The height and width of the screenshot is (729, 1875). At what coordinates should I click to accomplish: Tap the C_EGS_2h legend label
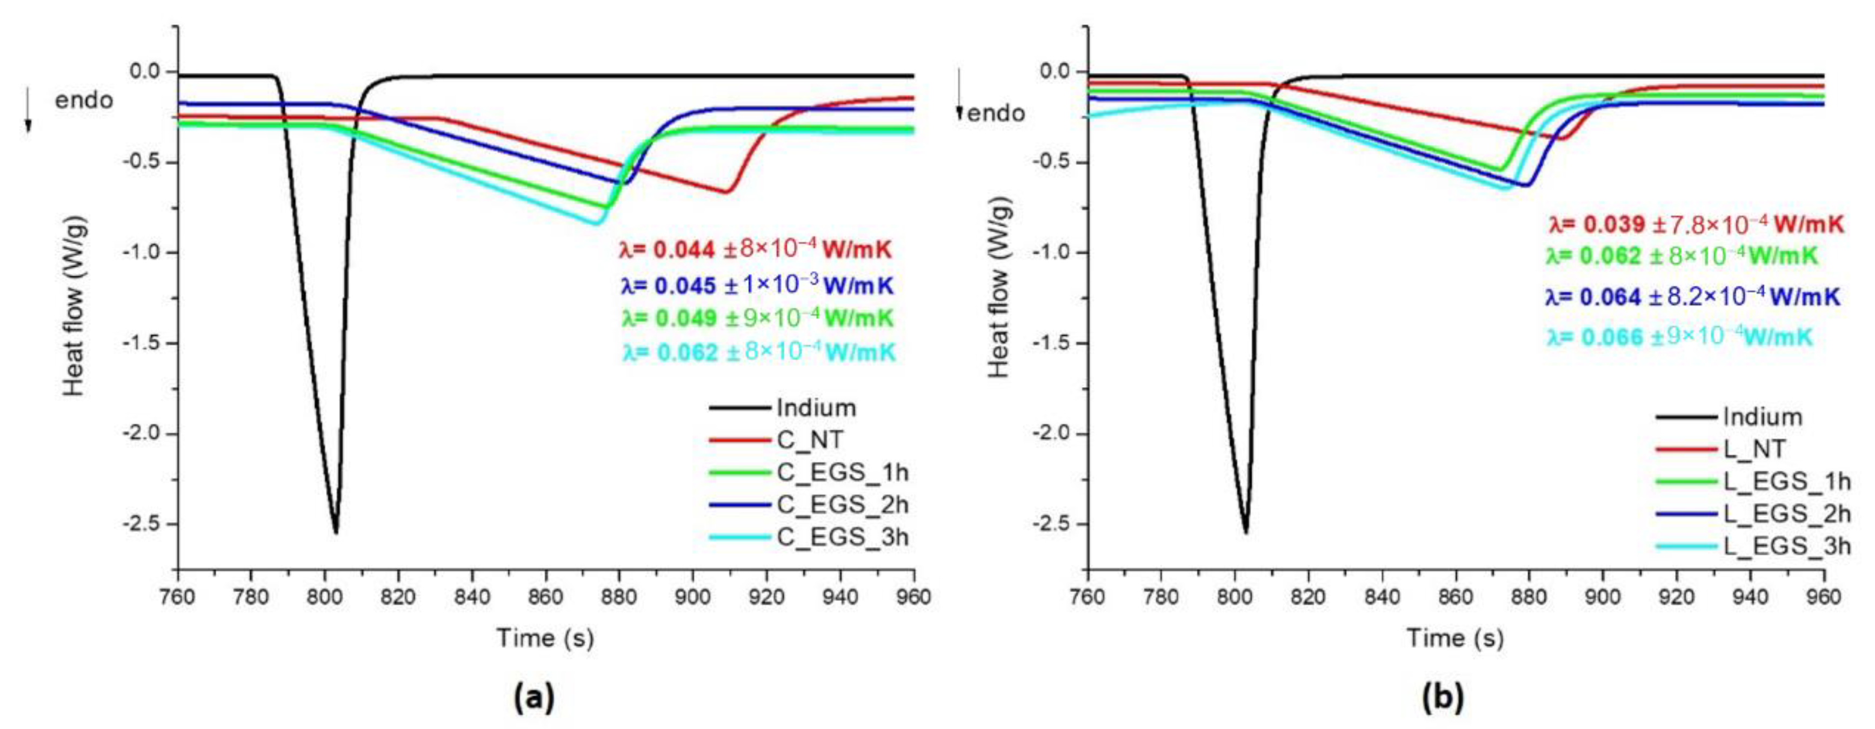tap(842, 504)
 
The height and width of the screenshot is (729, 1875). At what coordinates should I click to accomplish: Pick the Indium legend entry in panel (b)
tap(1761, 417)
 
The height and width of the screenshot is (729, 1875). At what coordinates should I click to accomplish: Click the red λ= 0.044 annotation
tap(755, 250)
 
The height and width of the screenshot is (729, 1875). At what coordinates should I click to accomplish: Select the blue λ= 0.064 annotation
tap(1692, 297)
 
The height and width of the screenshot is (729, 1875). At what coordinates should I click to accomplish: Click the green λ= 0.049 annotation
tap(757, 319)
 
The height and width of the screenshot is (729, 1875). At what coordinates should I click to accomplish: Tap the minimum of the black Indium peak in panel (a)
tap(336, 532)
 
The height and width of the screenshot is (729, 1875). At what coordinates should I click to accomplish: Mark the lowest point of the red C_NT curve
tap(726, 192)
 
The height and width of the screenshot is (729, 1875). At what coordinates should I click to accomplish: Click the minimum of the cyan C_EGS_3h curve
tap(596, 224)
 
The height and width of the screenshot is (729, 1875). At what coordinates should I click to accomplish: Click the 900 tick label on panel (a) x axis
tap(693, 597)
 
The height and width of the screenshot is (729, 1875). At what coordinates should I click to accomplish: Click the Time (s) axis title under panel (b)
tap(1454, 638)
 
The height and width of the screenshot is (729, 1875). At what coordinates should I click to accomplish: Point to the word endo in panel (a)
tap(84, 100)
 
